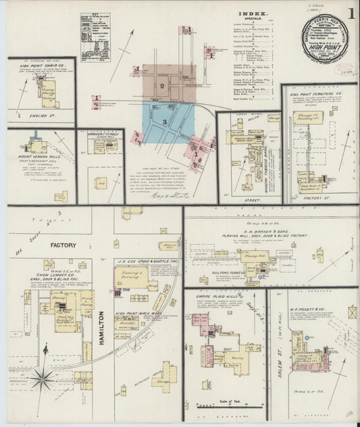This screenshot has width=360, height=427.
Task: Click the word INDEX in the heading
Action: [x=253, y=14]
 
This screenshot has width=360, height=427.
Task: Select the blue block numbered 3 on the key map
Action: [x=165, y=120]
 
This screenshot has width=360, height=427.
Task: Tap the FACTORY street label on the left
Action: [x=62, y=245]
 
